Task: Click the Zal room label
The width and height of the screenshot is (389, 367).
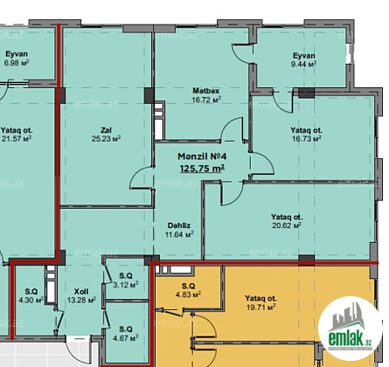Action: (106, 130)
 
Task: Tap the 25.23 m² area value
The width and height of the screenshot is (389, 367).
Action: (106, 139)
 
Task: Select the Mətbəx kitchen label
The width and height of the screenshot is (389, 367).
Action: (206, 91)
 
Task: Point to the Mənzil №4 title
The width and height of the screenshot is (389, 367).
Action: (202, 156)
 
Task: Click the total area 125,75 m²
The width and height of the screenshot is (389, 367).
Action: (202, 169)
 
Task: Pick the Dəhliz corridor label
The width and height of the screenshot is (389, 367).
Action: (179, 225)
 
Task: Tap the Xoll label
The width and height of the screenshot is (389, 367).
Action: (81, 291)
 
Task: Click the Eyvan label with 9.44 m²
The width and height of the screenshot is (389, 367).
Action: (304, 56)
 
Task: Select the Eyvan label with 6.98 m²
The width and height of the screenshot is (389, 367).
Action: (17, 54)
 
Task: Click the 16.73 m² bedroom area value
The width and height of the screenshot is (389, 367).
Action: (307, 139)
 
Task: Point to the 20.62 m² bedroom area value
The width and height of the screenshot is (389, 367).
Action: (287, 225)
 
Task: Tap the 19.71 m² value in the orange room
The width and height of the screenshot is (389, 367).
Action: (261, 307)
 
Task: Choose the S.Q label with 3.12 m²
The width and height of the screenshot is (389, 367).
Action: (126, 275)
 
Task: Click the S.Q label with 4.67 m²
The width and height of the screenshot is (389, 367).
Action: (126, 329)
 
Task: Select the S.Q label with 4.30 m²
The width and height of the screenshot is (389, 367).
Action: (31, 291)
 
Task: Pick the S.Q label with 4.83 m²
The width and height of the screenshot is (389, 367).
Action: (188, 286)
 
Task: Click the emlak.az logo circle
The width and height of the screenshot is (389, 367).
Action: (351, 329)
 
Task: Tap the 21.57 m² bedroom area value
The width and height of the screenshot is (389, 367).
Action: (17, 139)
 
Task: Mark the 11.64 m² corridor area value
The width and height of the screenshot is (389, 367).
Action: (179, 234)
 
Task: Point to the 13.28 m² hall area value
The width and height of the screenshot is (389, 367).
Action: (81, 300)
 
